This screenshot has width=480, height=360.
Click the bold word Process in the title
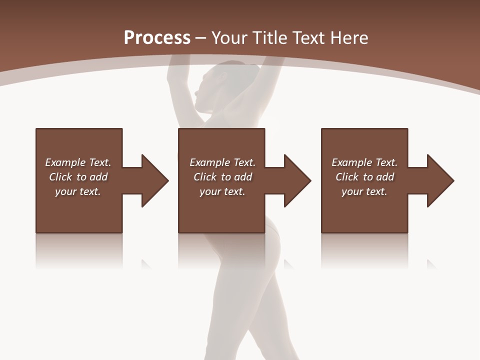point(157,37)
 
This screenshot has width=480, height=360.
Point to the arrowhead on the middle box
point(296,180)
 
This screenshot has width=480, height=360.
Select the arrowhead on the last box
point(439,180)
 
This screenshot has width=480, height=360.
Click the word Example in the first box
point(65,162)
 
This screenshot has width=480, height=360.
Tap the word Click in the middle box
point(205,177)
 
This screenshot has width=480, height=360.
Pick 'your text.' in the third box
point(364,191)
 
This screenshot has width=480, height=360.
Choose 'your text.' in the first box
point(78,191)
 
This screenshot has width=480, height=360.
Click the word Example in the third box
point(352,162)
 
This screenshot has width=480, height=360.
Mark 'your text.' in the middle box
point(222,191)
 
